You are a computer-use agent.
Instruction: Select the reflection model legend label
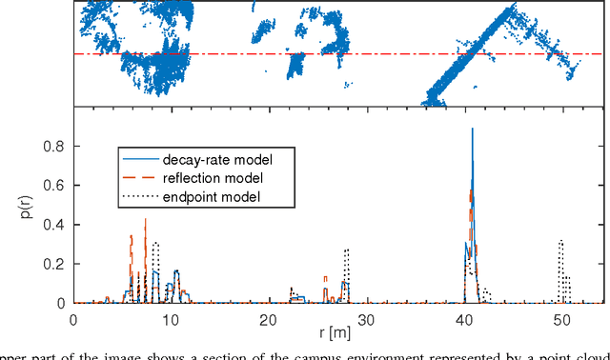213,178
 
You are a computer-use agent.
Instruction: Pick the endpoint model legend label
209,197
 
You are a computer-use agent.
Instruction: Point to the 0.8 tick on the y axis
55,146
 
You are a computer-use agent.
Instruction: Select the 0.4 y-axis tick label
55,224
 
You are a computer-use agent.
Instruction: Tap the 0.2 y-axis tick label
55,264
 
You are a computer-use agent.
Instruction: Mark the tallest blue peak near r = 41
473,130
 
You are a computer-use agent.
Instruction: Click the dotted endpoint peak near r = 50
561,242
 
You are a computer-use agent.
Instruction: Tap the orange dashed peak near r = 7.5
146,220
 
